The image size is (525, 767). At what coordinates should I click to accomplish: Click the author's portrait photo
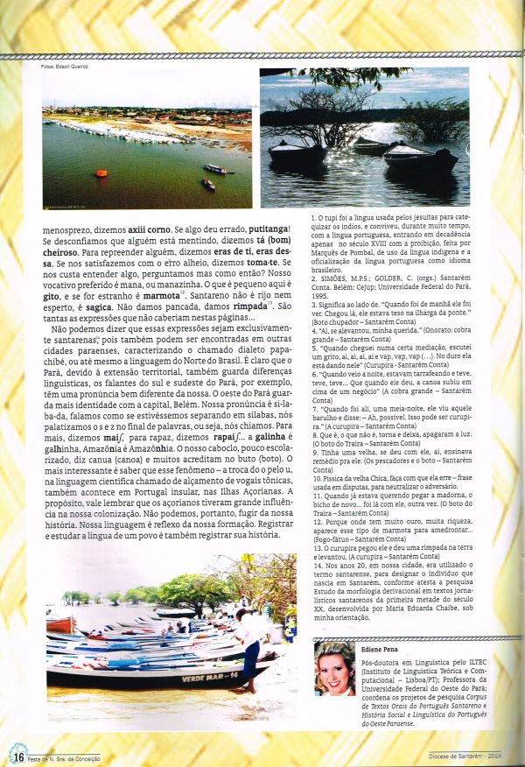334,670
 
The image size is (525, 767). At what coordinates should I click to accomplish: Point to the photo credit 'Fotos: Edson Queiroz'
66,67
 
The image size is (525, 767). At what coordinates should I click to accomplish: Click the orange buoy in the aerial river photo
101,173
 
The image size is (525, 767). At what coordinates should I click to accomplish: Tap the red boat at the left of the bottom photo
59,624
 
